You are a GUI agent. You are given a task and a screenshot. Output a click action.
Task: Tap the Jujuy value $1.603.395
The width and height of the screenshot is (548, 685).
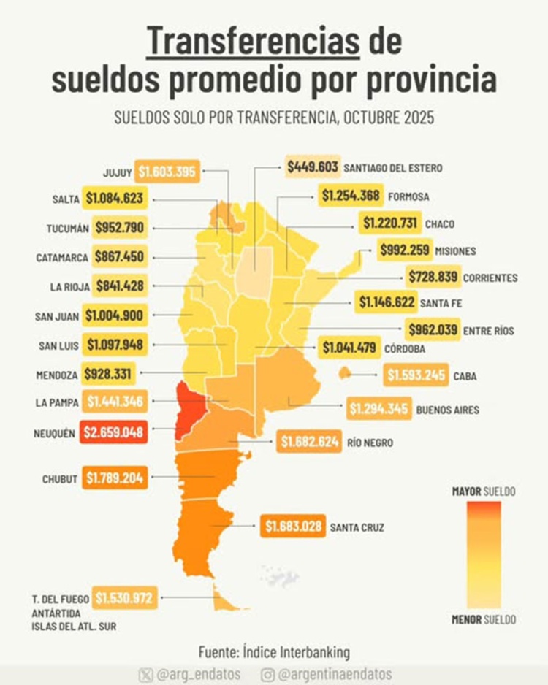coord(167,172)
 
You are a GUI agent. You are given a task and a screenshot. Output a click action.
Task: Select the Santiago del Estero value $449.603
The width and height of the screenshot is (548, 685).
coord(313,167)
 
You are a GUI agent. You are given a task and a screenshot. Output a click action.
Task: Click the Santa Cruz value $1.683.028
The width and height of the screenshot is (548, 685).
coord(294,526)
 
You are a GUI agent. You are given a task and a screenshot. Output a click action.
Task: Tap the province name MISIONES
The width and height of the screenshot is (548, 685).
coord(455,250)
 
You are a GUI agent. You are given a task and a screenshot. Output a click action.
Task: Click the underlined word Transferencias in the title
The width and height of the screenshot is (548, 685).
coord(253,42)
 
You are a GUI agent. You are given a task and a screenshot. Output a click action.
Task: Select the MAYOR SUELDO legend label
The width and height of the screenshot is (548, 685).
coord(484,491)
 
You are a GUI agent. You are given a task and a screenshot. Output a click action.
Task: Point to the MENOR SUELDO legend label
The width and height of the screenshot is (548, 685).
coord(484,620)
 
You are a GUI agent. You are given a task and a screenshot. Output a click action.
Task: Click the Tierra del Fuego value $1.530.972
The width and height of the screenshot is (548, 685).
coord(124,599)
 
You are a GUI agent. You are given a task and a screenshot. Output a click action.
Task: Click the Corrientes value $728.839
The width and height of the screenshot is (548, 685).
coord(433,278)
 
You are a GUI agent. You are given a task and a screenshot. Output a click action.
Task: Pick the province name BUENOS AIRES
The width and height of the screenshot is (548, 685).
coord(448,410)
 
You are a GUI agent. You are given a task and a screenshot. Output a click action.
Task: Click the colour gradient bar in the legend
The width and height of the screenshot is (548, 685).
coord(484,555)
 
